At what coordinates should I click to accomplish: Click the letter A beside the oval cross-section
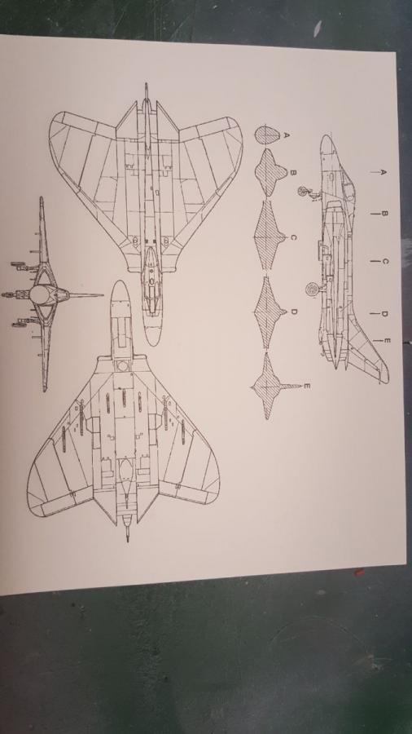pyautogui.click(x=287, y=135)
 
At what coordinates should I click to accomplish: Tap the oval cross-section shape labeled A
pyautogui.click(x=268, y=135)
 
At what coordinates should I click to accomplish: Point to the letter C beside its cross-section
pyautogui.click(x=293, y=237)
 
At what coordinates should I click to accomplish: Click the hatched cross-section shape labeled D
pyautogui.click(x=270, y=312)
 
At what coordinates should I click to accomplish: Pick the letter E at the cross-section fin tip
pyautogui.click(x=307, y=387)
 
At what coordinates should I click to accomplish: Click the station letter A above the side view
pyautogui.click(x=383, y=172)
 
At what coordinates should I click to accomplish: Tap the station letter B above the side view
pyautogui.click(x=384, y=214)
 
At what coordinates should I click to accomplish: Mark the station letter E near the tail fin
pyautogui.click(x=386, y=341)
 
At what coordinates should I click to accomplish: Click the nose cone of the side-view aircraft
pyautogui.click(x=328, y=146)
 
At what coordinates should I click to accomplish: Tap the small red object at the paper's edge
pyautogui.click(x=359, y=572)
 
